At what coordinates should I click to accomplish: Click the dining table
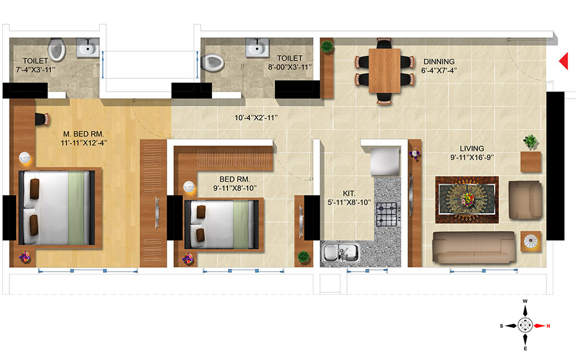[384, 70]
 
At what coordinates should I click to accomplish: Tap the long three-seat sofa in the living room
[473, 247]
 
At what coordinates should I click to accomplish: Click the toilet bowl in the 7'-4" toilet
[56, 50]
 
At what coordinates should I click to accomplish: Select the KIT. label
[349, 193]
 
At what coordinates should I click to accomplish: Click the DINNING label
[439, 61]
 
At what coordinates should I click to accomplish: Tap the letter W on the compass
[525, 302]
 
